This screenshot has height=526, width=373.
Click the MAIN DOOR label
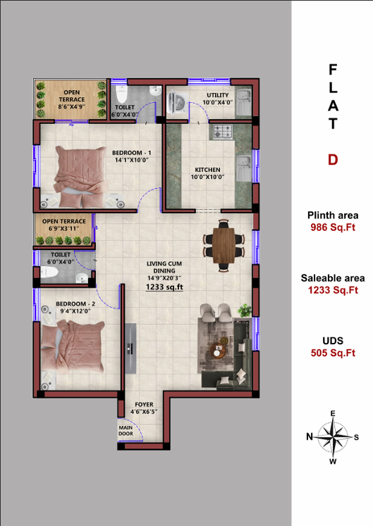126,431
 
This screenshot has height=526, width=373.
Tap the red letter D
333,160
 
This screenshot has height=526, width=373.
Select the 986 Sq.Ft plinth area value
333,227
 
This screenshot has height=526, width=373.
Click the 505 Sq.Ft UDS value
333,353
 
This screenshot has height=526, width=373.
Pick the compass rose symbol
333,437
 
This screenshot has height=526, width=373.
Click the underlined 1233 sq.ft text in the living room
164,287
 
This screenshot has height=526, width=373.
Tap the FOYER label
144,405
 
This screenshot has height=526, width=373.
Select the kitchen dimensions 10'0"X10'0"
208,177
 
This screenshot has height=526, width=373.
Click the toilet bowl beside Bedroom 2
49,272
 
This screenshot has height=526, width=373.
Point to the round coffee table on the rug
218,351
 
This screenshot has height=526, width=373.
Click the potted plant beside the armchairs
245,311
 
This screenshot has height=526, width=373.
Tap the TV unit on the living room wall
130,349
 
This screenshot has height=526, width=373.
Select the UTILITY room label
218,95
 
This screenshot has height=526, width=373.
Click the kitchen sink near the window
244,168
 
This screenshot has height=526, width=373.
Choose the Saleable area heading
333,278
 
